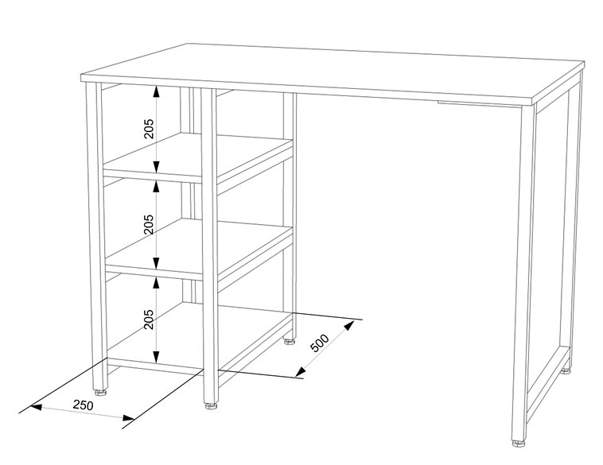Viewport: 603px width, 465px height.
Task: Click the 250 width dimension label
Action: coord(84,405)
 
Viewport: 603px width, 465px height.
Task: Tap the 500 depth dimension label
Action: coord(320,343)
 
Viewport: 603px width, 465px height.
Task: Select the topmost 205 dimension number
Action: coord(149,128)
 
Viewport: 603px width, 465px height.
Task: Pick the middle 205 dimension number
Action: coord(149,224)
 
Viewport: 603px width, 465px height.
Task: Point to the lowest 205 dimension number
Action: coord(149,319)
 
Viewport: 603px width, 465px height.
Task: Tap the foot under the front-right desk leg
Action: coord(518,443)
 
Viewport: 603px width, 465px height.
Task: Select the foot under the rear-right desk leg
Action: coord(566,371)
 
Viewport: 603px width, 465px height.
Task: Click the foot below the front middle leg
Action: coord(211,406)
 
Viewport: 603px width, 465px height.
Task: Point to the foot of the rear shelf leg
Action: coord(290,341)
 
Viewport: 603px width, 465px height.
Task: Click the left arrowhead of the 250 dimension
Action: coord(36,407)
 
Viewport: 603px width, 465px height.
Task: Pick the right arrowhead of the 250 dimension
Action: coord(129,418)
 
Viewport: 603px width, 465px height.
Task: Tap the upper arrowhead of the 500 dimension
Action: coord(348,326)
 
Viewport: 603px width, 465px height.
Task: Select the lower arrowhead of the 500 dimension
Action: coord(301,371)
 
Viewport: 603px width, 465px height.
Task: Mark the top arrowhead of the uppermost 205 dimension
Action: coord(156,91)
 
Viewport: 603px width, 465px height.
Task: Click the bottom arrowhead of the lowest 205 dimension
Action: coord(156,357)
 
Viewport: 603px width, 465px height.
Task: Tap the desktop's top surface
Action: coord(333,73)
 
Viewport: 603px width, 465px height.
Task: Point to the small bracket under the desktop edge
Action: coord(480,104)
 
